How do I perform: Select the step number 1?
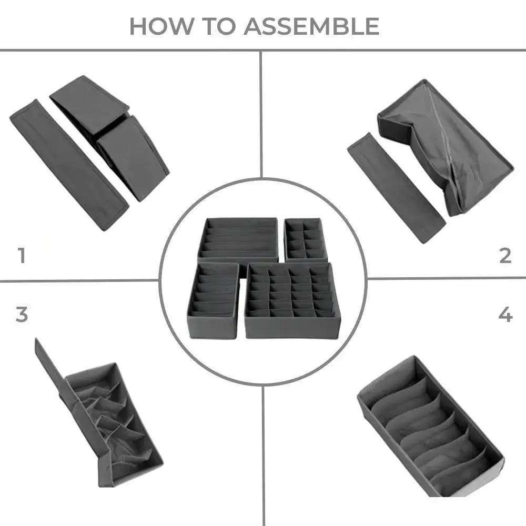point(21,256)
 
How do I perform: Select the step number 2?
point(505,256)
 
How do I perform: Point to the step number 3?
point(21,315)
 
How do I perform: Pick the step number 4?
point(505,315)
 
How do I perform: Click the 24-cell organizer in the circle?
point(292,300)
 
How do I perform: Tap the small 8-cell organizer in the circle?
point(306,239)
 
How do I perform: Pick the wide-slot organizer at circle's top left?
point(238,239)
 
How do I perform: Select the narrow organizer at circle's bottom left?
point(213,300)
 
